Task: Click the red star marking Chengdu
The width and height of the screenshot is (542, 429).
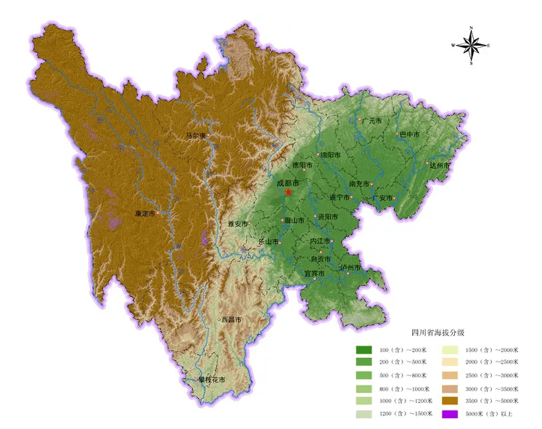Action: tap(287, 193)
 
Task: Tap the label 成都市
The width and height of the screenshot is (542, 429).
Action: tap(288, 184)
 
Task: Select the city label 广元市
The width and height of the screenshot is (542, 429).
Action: tap(371, 120)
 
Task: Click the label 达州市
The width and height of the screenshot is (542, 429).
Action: tap(440, 166)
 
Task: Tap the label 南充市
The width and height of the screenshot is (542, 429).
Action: tap(360, 184)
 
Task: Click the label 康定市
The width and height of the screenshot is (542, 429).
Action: tap(145, 213)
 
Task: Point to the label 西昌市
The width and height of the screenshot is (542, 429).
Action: tap(231, 319)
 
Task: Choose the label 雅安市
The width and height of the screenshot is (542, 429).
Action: tap(238, 224)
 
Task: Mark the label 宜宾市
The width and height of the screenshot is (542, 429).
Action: tap(315, 273)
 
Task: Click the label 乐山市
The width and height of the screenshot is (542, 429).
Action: tap(268, 241)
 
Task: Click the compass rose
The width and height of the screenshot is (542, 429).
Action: tap(472, 45)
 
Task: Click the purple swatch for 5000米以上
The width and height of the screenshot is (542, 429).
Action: tap(450, 414)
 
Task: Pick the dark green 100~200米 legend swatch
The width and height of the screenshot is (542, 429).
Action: tap(364, 350)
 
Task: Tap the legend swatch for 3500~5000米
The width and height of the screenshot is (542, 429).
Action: tap(450, 399)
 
